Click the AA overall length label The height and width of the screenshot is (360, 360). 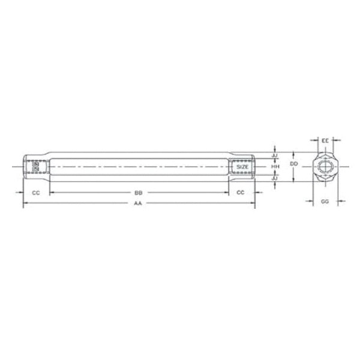point(138,205)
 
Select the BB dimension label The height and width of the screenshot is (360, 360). point(139,193)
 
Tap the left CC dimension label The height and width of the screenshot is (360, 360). point(36,193)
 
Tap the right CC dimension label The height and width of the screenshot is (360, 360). point(241,193)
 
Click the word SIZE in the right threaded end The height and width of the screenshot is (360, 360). point(241,166)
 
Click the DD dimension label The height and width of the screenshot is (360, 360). point(293,163)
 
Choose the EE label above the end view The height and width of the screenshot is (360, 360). point(325,140)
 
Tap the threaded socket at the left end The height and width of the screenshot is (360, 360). point(36,166)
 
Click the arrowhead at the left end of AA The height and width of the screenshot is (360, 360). point(25,205)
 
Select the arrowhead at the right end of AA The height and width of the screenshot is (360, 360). point(253,205)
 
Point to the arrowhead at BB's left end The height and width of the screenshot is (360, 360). point(52,193)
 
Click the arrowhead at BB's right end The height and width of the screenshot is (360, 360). point(226,193)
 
